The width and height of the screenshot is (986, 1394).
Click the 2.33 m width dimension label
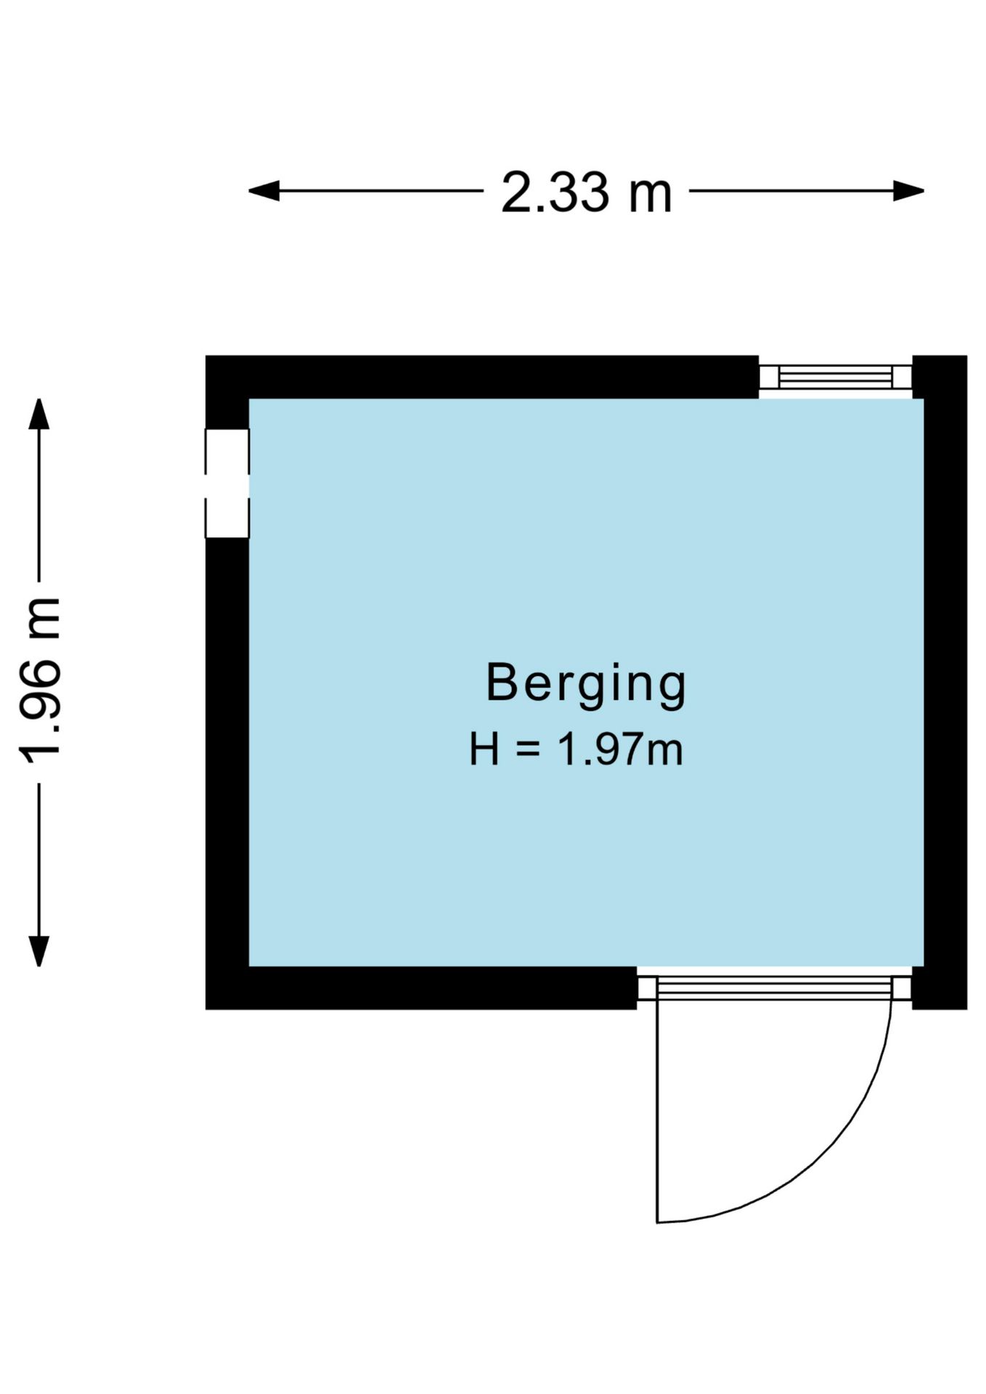click(x=587, y=192)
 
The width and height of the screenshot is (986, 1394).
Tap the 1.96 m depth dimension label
click(x=39, y=680)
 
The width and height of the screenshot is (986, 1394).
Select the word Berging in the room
click(x=585, y=685)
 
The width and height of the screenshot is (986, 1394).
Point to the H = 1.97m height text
click(x=576, y=750)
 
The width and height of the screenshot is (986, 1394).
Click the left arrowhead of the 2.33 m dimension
click(x=264, y=192)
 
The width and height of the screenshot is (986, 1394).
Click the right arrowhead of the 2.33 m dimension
click(x=908, y=192)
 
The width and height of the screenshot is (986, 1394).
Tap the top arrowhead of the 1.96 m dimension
click(x=38, y=414)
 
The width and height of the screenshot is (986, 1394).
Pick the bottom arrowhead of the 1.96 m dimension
click(x=38, y=951)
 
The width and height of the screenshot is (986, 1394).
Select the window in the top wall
click(x=835, y=377)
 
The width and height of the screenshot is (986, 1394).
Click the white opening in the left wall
click(x=227, y=484)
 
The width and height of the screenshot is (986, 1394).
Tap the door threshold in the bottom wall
click(x=774, y=988)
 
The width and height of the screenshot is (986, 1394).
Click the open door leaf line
click(x=657, y=1112)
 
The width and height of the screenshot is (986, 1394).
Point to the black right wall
click(x=940, y=682)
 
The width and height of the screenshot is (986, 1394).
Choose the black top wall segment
click(x=482, y=377)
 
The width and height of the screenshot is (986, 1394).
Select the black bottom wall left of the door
click(x=421, y=988)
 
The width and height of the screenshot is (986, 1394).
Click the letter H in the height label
click(x=484, y=750)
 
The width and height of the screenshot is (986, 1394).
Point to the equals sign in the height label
click(x=528, y=751)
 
